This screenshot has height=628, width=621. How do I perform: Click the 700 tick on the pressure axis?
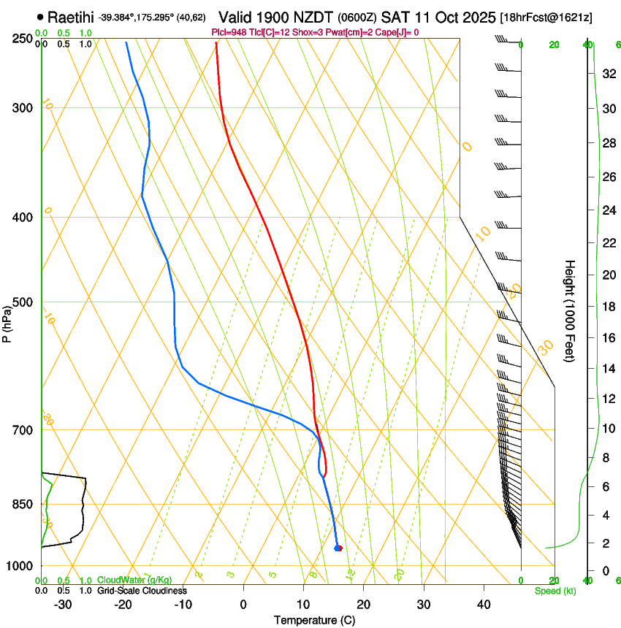[x=23, y=430]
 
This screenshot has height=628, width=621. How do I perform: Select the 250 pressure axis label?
[x=23, y=38]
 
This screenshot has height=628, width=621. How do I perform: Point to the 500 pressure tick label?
[x=23, y=302]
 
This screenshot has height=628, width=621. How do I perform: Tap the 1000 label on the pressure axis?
[x=20, y=566]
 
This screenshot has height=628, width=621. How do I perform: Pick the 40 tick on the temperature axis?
[x=484, y=604]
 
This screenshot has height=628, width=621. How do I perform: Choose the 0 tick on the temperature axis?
[x=243, y=604]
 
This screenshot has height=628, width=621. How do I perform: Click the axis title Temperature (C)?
[x=314, y=620]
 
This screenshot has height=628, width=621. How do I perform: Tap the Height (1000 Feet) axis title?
[x=570, y=310]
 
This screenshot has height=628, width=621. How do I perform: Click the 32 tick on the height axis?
[x=608, y=73]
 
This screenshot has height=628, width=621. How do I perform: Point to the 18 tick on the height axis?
[x=608, y=307]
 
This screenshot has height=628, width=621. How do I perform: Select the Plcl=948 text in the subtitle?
[x=230, y=32]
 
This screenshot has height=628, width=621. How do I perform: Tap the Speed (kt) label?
[x=555, y=591]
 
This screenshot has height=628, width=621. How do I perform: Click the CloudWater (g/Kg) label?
[x=129, y=581]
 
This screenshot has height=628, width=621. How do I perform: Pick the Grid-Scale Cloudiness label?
[x=141, y=590]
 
